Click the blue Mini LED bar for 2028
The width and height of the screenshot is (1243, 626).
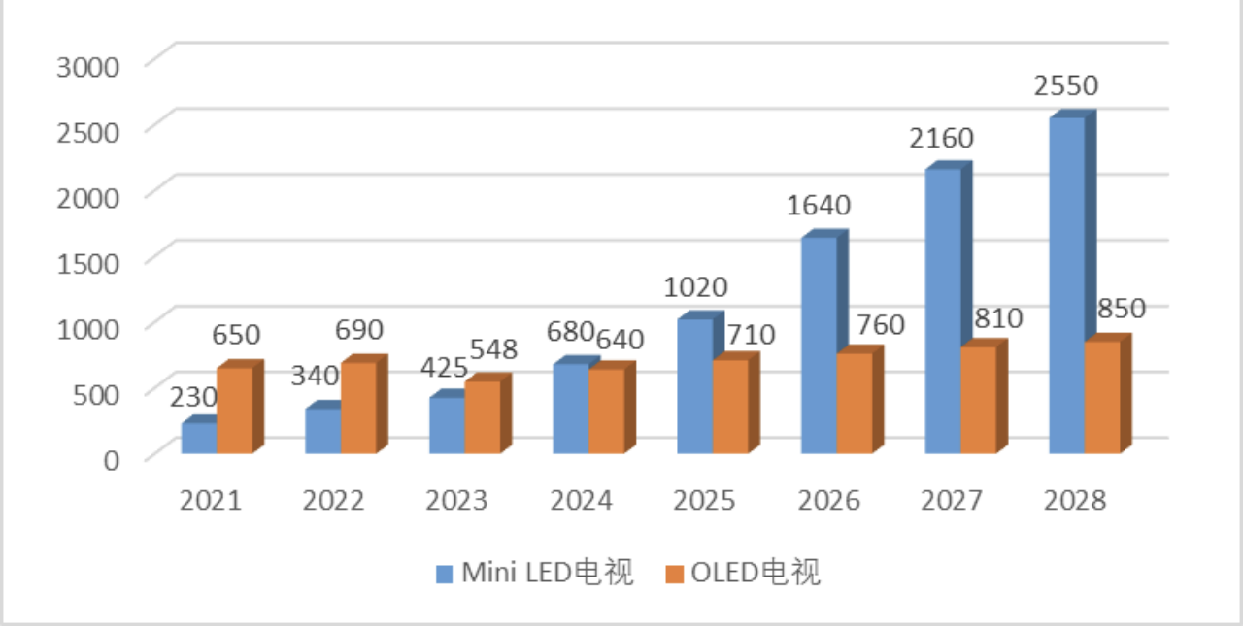1066,285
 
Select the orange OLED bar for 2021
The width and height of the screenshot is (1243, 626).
234,411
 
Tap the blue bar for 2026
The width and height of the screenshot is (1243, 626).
819,345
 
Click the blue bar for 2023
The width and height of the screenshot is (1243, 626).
447,425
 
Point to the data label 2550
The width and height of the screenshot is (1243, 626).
1065,85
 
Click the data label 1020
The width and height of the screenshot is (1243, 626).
695,287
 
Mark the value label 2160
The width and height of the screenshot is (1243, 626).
941,138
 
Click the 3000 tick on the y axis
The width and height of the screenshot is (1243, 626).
88,66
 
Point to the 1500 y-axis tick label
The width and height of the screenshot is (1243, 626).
88,262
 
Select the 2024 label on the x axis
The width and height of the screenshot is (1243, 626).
581,501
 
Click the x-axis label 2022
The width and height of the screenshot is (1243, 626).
333,501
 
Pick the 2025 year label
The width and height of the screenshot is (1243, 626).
705,501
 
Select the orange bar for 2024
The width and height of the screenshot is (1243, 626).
607,411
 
